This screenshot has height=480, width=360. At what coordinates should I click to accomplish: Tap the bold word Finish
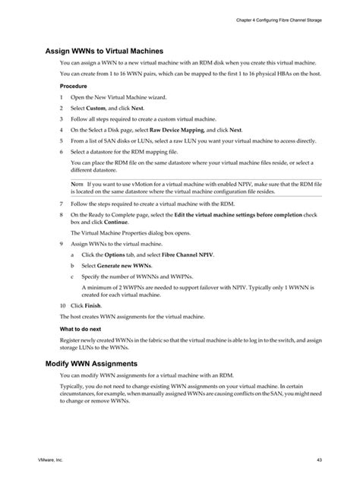tap(99, 303)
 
